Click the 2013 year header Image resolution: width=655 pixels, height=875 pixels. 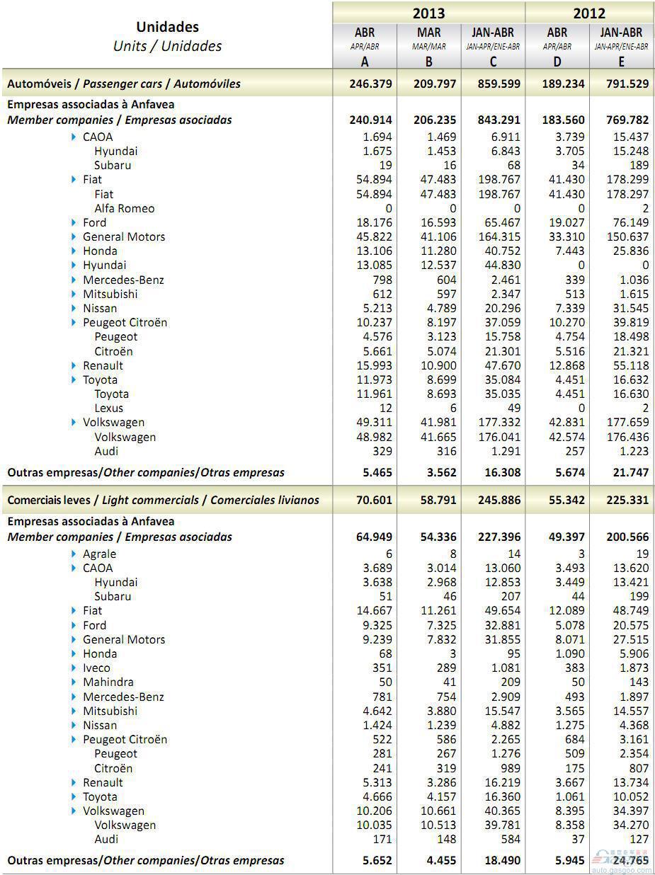coord(428,13)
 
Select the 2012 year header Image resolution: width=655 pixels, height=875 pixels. coord(589,13)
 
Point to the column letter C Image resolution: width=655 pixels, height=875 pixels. coord(493,62)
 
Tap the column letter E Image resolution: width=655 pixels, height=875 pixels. coord(621,62)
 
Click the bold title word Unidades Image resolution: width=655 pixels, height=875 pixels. coord(167,27)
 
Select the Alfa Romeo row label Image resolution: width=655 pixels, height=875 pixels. coord(124,208)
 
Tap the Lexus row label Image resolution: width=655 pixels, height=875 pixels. coord(108,408)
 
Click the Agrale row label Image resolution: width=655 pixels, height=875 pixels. coord(99,554)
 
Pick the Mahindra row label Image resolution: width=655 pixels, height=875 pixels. coord(108,682)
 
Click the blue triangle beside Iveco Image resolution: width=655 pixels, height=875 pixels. coord(74,668)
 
